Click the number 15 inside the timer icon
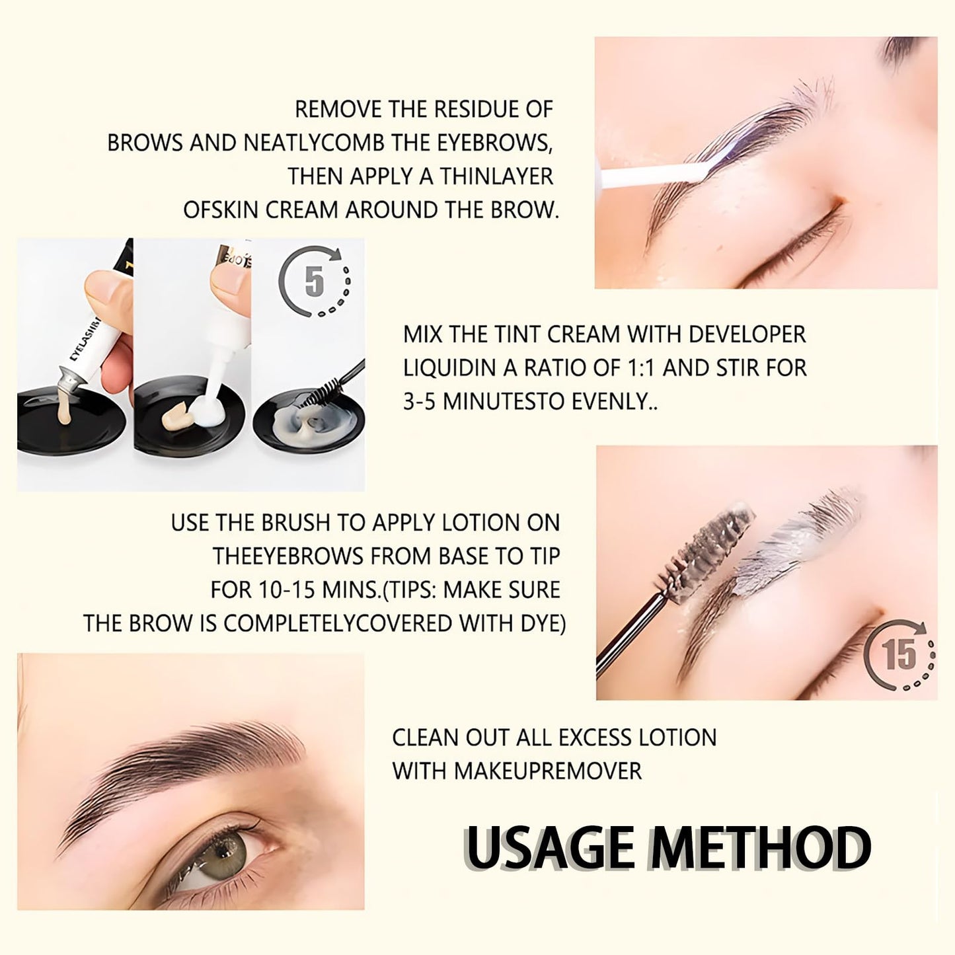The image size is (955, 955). (x=900, y=654)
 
